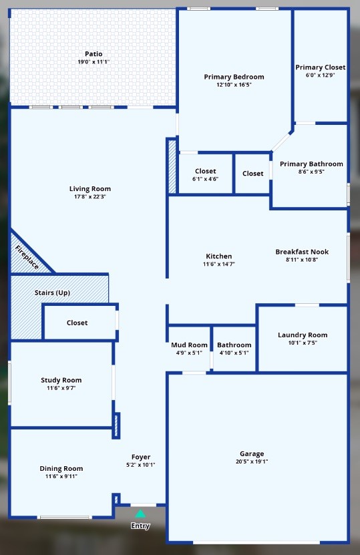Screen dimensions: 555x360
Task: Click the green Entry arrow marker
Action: point(140,514)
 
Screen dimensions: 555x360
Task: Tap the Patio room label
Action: point(94,54)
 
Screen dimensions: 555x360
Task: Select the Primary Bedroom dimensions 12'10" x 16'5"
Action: point(234,85)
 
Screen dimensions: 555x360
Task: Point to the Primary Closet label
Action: point(321,67)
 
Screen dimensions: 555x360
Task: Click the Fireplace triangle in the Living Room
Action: point(25,256)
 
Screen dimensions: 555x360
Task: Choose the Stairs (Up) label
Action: point(52,293)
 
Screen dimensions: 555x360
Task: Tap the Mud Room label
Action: point(189,345)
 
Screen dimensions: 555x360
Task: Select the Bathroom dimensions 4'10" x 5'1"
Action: point(234,353)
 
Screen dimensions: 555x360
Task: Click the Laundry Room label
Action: point(303,335)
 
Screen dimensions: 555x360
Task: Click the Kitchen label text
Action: point(218,256)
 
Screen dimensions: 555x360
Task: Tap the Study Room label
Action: point(61,381)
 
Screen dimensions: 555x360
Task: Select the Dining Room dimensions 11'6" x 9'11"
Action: point(61,476)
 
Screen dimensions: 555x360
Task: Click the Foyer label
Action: point(141,457)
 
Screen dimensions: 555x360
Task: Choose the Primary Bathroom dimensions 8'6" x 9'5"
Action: point(311,172)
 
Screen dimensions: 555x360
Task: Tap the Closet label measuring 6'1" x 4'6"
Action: point(206,172)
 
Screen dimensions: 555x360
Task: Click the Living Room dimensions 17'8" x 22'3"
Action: point(90,196)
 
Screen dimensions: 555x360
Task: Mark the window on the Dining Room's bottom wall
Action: point(65,517)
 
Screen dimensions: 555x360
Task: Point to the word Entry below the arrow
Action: point(140,526)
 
